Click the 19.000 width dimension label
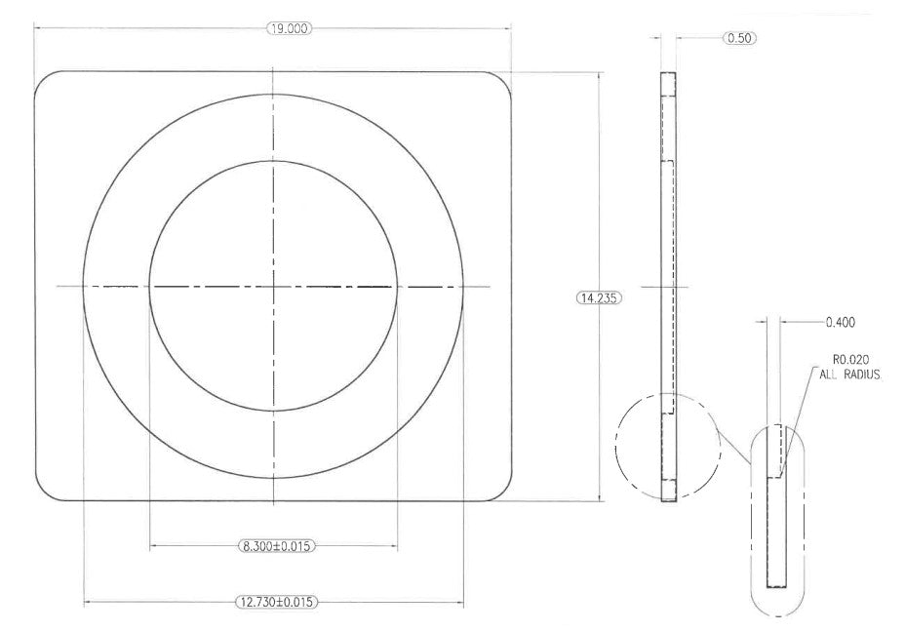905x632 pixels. tap(289, 28)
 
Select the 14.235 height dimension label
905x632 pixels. tap(599, 297)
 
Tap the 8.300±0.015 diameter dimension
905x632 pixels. tap(277, 545)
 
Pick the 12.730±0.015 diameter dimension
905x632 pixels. tap(277, 602)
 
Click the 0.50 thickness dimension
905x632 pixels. tap(739, 38)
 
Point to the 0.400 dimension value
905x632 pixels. tap(841, 323)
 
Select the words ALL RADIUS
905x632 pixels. tap(850, 375)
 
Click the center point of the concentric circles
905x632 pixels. tap(274, 286)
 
